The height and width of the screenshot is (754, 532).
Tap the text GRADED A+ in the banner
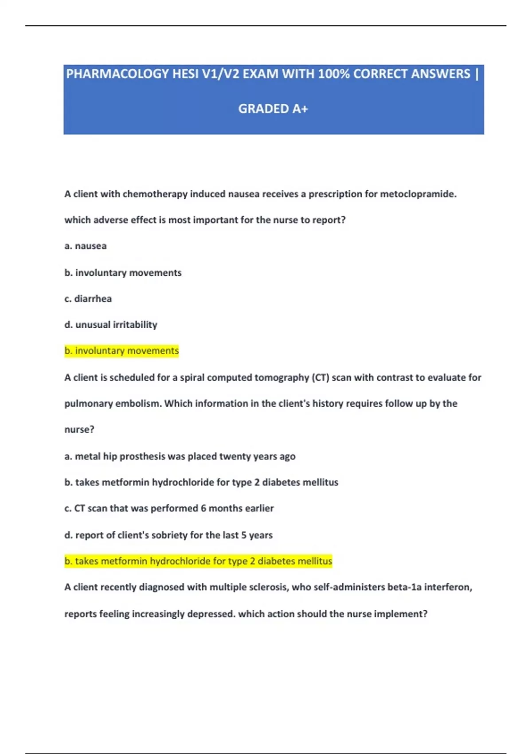coord(273,109)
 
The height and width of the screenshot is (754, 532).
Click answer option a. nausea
coord(86,246)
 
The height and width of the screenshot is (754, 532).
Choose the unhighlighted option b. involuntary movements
coord(123,273)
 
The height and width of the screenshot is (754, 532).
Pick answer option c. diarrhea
coord(88,299)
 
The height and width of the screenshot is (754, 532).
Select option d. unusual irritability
coord(111,325)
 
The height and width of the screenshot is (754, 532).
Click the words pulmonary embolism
coord(113,404)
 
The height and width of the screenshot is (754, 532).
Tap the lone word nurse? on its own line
coord(79,429)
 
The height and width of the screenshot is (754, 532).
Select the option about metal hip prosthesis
coord(180,456)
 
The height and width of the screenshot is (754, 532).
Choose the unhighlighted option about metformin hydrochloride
coord(201,482)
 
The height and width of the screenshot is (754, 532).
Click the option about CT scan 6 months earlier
coord(169,508)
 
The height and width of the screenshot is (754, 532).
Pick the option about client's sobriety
coord(168,535)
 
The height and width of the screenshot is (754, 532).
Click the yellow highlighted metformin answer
coord(198,561)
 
